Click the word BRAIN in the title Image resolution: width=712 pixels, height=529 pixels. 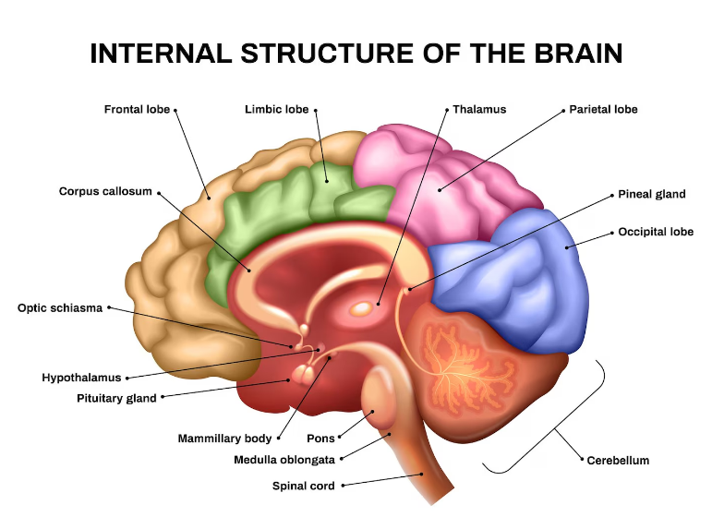[574, 54]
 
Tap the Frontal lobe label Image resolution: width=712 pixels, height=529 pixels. [137, 110]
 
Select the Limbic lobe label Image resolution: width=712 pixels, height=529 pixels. [276, 110]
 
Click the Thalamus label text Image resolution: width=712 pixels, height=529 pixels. [479, 110]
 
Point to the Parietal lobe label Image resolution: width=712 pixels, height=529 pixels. [603, 110]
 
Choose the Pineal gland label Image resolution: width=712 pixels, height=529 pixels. [651, 195]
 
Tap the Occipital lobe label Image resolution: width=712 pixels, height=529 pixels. [656, 232]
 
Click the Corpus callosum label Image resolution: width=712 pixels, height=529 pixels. [105, 192]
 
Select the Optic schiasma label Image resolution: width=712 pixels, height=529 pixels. [59, 308]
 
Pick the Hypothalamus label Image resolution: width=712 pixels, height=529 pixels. [82, 378]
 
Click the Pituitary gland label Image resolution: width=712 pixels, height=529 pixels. [116, 399]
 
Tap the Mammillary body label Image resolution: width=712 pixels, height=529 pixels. [224, 439]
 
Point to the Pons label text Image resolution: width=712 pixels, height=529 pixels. [320, 439]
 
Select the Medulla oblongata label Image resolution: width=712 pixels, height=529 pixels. [286, 459]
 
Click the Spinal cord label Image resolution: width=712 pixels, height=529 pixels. [304, 486]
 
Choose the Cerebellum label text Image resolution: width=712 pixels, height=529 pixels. [618, 461]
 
